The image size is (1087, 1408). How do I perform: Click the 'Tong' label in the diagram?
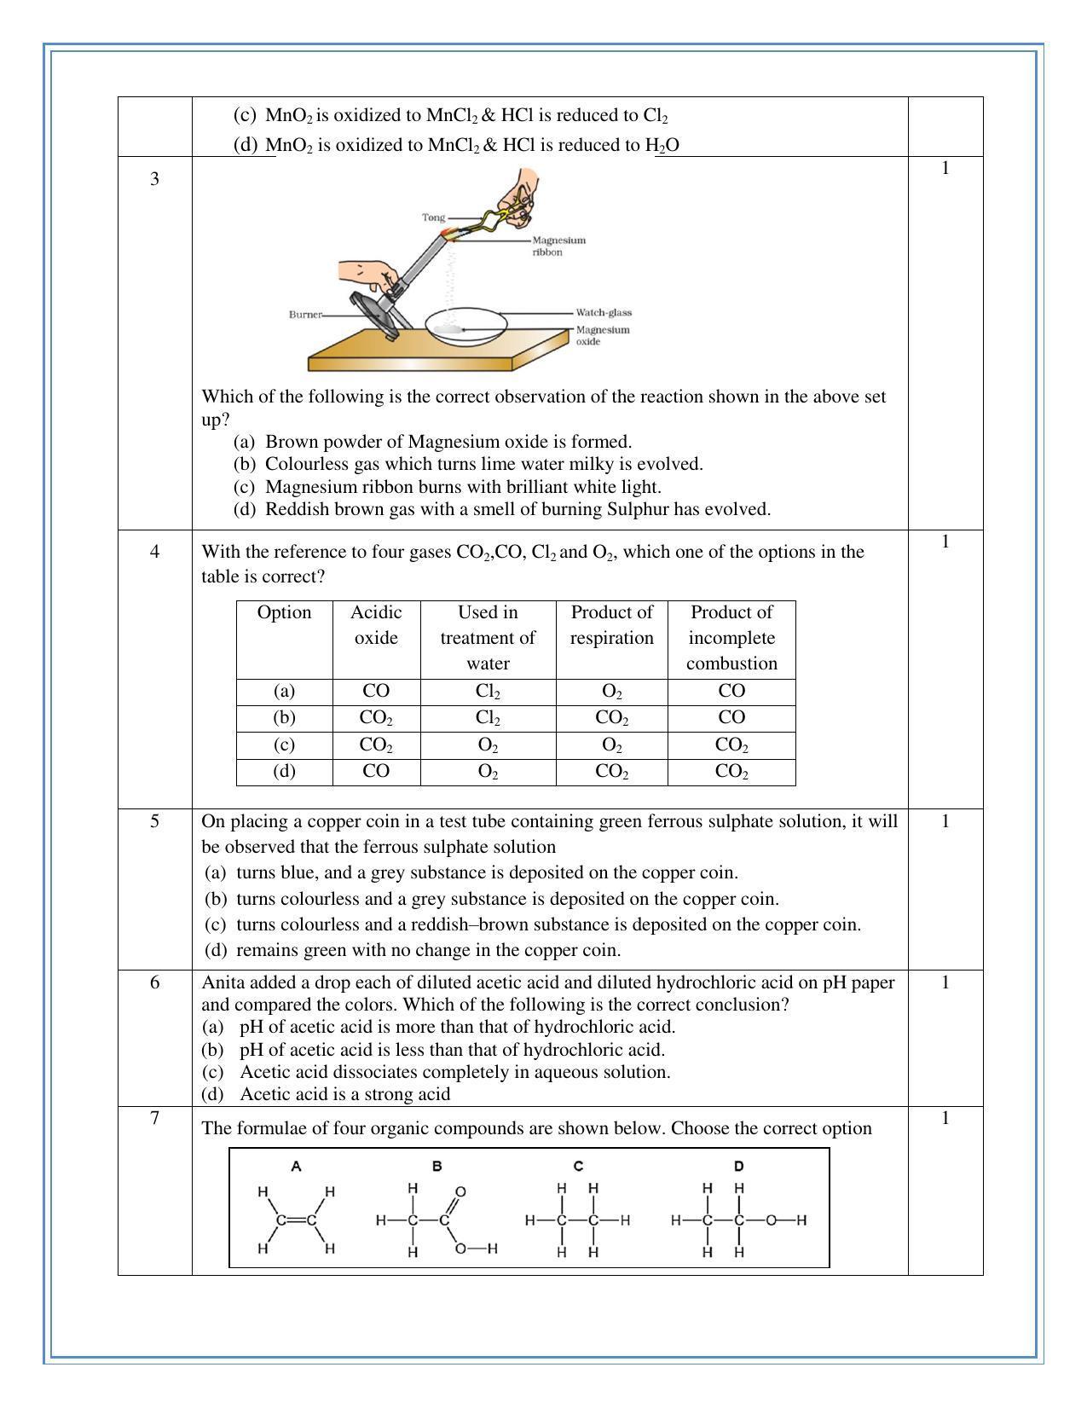tap(433, 217)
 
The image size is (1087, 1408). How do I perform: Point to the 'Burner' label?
tap(305, 315)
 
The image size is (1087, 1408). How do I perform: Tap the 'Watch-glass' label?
tap(603, 313)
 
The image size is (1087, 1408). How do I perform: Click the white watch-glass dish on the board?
tap(465, 326)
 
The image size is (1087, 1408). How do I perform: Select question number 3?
tap(154, 179)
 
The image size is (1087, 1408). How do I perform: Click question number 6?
tap(154, 982)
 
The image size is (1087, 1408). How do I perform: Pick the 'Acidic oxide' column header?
tap(376, 625)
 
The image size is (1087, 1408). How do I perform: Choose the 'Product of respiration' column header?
tap(611, 625)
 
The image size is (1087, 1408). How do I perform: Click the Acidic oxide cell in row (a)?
tap(376, 691)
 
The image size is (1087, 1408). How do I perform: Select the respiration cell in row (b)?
tap(611, 718)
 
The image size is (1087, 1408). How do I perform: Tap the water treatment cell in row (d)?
tap(488, 772)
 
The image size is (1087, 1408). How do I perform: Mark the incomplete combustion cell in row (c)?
tap(731, 745)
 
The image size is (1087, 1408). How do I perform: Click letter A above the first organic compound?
tap(296, 1167)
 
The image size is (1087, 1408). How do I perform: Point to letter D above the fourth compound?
tap(738, 1167)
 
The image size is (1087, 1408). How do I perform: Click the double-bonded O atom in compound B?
tap(460, 1191)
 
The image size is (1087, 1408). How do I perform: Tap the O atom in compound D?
tap(771, 1220)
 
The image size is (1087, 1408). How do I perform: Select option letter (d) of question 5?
tap(216, 950)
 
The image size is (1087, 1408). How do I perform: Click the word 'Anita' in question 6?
tap(223, 982)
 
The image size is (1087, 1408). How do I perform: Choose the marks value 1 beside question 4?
tap(945, 542)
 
